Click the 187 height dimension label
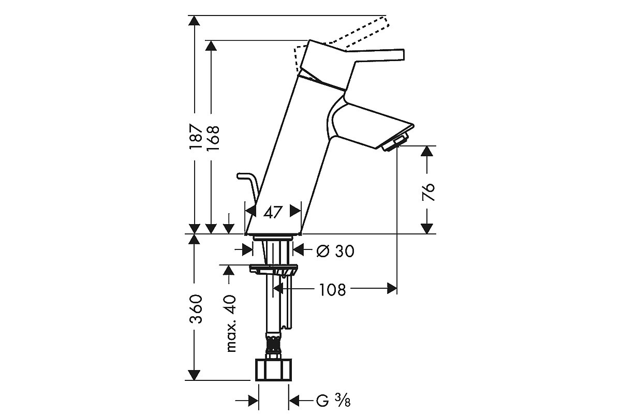coord(195,137)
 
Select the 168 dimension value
coord(213,138)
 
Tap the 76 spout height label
coord(428,191)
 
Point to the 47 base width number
coord(273,212)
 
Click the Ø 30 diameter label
coord(335,251)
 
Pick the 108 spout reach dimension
coord(332,289)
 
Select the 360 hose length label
coord(196,309)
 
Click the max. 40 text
coord(231,323)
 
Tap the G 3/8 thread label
coord(333,401)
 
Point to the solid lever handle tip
coord(402,55)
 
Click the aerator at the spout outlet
coord(395,142)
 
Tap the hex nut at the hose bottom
coord(273,369)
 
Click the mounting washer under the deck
coord(273,270)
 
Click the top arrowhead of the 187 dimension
coord(194,21)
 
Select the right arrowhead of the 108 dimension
coord(392,288)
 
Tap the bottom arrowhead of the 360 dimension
coord(194,375)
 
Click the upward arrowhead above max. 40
coord(229,270)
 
